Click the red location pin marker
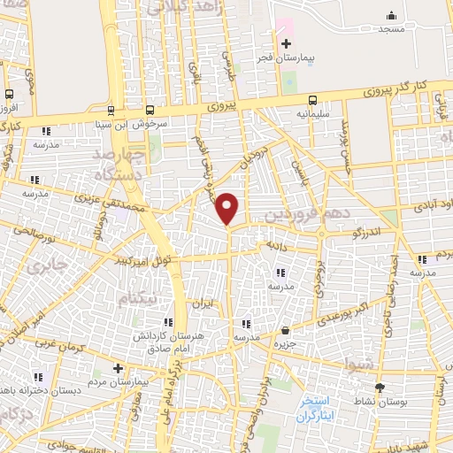(227, 207)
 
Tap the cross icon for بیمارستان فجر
(285, 43)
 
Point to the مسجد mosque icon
(391, 15)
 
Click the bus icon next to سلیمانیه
(312, 101)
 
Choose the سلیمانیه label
(314, 114)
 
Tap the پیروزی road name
(223, 104)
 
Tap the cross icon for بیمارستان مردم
(119, 367)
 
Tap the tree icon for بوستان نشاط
(380, 388)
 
